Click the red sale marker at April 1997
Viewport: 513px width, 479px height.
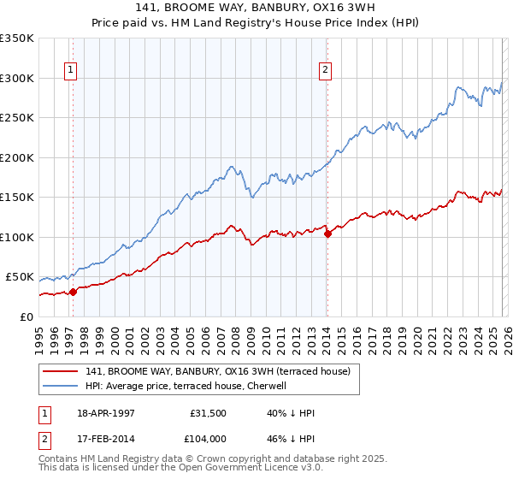(x=74, y=291)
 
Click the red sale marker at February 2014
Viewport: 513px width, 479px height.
(x=327, y=234)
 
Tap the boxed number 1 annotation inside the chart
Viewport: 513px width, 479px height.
(x=69, y=71)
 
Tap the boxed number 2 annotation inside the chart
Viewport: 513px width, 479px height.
(x=326, y=71)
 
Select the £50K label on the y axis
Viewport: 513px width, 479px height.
(x=20, y=277)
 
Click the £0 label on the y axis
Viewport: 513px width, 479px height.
(x=27, y=317)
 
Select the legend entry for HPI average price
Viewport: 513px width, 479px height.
(x=186, y=386)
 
